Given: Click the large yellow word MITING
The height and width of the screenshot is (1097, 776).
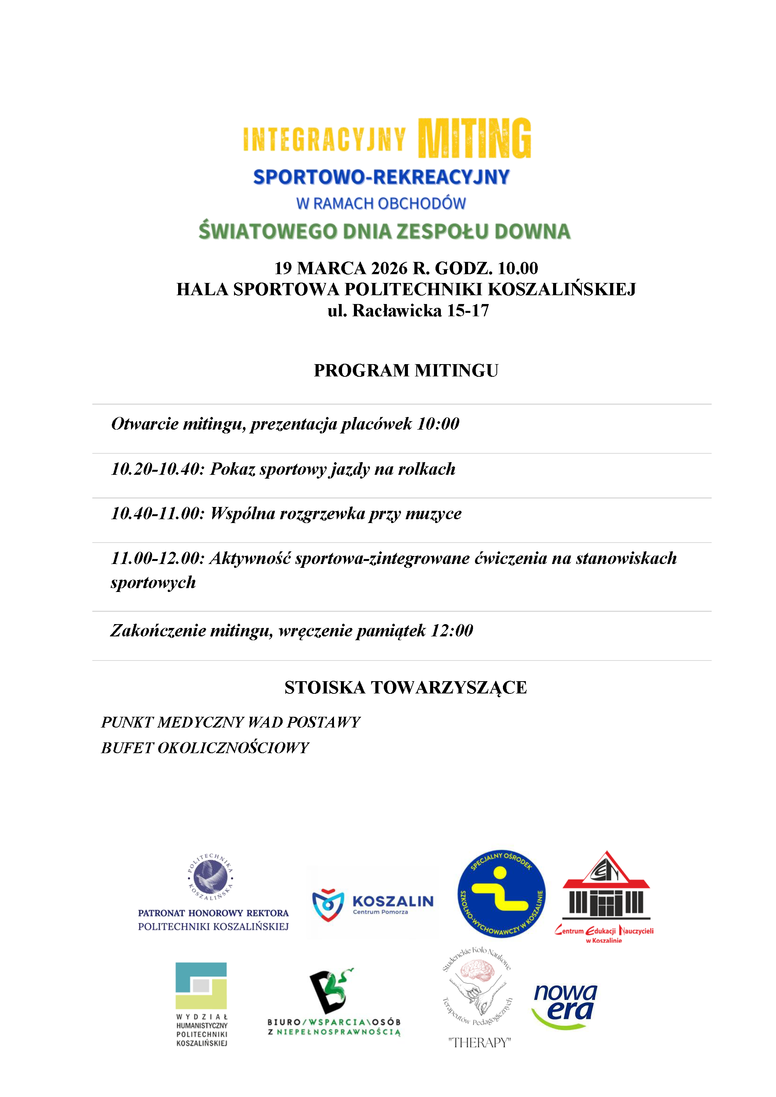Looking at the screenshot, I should pos(474,139).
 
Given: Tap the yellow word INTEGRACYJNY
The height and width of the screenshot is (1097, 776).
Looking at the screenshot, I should pos(324,139).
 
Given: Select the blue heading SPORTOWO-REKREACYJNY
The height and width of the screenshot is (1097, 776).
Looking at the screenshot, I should pos(381,177).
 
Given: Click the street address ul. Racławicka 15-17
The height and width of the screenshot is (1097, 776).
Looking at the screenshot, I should pos(408,311).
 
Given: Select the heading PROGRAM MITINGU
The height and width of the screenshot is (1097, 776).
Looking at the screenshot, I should pos(406,371).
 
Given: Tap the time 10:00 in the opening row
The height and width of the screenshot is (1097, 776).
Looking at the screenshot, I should pos(438,424).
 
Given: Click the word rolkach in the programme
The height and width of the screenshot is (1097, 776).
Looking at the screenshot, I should pos(427,469).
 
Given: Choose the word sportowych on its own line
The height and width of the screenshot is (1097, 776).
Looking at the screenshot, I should pos(153,582).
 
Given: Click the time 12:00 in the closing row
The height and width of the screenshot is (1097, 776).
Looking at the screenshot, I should pos(452,631).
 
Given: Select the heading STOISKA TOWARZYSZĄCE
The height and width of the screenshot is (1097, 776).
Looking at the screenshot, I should pos(406,688).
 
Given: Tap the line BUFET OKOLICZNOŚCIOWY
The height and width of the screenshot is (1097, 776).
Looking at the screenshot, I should pos(205,748).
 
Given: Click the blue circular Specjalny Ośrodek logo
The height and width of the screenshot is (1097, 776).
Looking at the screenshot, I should pos(501,894).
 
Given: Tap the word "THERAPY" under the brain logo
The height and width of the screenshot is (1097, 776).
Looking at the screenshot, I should pos(479,1043).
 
